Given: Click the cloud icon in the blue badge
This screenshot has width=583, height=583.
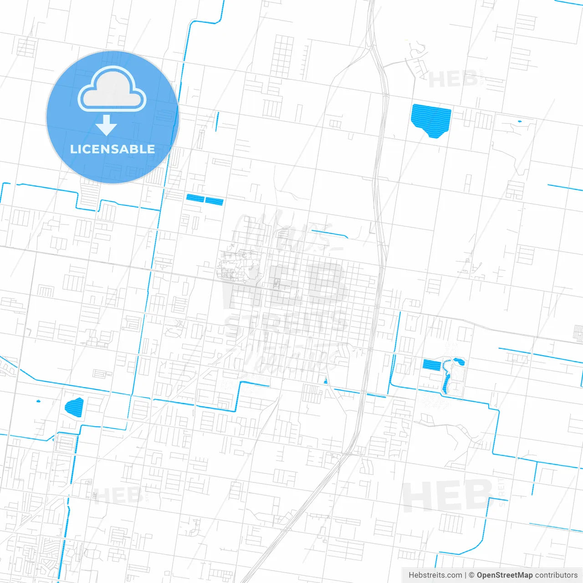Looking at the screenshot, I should tap(112, 89).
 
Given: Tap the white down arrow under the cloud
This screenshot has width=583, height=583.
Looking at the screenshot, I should tap(106, 125).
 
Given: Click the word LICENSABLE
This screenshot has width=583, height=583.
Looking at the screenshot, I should tap(113, 149).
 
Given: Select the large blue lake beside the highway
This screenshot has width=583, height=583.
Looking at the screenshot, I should tap(430, 119).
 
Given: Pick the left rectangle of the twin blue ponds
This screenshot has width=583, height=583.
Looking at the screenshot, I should tap(195, 198).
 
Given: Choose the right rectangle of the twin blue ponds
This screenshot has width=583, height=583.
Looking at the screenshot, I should tap(214, 201).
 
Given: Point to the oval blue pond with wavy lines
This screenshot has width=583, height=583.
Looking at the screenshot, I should tap(74, 407).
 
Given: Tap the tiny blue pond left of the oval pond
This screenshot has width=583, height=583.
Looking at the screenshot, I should tap(38, 401).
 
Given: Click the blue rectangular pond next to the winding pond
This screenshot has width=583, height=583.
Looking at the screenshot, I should tap(431, 365).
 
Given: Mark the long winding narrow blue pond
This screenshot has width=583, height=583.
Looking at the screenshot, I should tap(446, 378).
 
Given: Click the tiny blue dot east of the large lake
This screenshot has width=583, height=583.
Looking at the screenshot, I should tap(519, 122).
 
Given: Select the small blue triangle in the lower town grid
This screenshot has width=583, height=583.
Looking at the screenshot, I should tap(325, 381).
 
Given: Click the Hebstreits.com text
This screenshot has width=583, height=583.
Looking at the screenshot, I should tap(435, 575).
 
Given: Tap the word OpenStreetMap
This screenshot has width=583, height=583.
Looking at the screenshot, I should tap(504, 575).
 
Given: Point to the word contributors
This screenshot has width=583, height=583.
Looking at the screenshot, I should tap(556, 575).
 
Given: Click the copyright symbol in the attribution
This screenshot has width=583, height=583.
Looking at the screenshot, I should tap(472, 575).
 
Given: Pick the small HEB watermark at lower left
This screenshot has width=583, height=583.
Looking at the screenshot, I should tap(117, 496).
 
